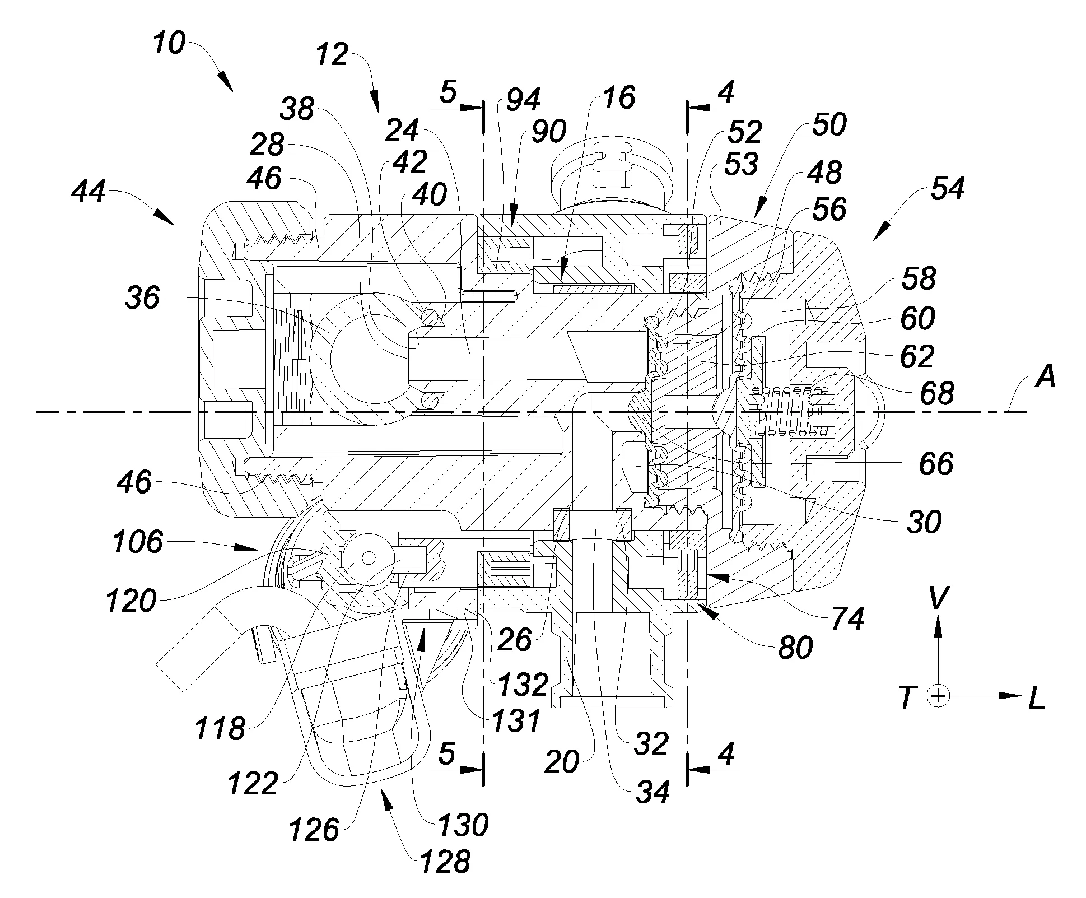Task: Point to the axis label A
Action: [1045, 378]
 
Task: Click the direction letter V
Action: [938, 599]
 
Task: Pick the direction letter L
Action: [1037, 700]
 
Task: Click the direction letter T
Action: [908, 698]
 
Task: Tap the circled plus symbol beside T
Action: [939, 696]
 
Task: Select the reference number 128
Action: [445, 860]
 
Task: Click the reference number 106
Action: [137, 542]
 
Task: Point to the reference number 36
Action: [142, 297]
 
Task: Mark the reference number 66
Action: [936, 464]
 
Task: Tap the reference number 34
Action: [653, 792]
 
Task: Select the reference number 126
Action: [314, 830]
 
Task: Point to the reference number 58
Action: [919, 278]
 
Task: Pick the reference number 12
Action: [332, 55]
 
